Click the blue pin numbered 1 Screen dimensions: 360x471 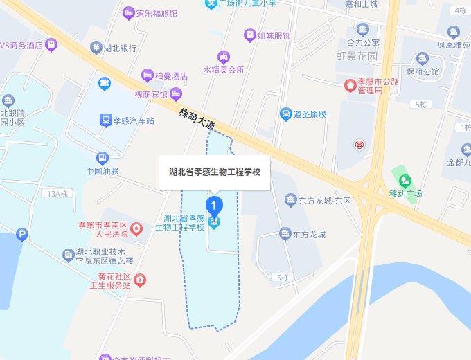click(x=215, y=206)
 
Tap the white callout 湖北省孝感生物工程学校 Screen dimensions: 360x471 click(x=215, y=172)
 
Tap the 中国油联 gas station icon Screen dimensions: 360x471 click(x=103, y=158)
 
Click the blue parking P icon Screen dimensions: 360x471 click(x=23, y=235)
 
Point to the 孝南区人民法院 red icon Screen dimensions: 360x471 click(x=137, y=228)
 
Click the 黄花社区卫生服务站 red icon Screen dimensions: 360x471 click(x=141, y=280)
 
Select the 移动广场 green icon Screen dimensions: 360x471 click(x=398, y=173)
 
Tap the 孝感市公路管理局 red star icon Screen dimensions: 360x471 click(x=350, y=85)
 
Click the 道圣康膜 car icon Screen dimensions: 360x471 click(x=285, y=114)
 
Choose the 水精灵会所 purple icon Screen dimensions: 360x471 click(x=224, y=57)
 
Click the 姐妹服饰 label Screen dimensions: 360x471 click(x=274, y=35)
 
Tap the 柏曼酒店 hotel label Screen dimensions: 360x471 click(x=171, y=75)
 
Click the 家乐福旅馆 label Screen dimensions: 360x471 click(x=157, y=13)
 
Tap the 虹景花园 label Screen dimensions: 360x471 click(x=357, y=55)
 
